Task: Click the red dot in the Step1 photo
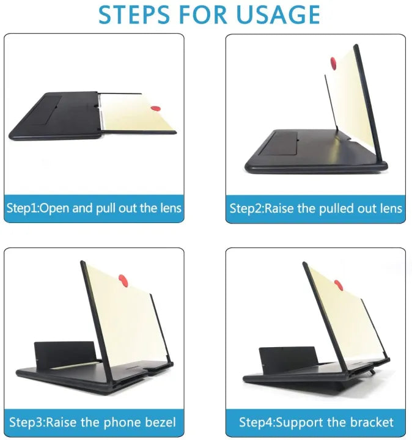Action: pos(155,109)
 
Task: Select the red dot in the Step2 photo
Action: pos(334,62)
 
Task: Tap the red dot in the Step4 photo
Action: pos(338,285)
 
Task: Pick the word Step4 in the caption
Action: pos(256,422)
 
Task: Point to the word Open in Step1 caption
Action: pos(56,208)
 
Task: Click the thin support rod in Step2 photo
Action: pos(330,104)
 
